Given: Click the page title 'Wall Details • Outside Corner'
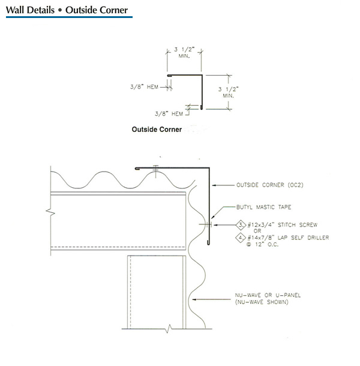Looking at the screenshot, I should click(67, 10).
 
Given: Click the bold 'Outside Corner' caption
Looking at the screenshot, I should click(157, 128).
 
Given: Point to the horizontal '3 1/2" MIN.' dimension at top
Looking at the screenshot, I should click(184, 53).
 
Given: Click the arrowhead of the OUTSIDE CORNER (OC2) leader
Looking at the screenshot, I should click(214, 185).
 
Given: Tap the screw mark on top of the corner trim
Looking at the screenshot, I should click(155, 168).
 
